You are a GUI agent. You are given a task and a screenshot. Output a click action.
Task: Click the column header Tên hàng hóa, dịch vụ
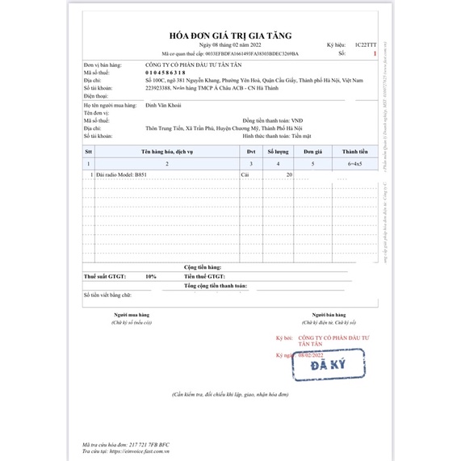(166, 151)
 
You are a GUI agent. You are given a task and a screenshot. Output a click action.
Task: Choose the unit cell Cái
(247, 175)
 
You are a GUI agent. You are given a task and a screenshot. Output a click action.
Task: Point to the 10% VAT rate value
(151, 276)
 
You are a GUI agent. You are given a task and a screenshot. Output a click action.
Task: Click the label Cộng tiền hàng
(203, 266)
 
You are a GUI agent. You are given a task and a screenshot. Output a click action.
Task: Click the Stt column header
(89, 151)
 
